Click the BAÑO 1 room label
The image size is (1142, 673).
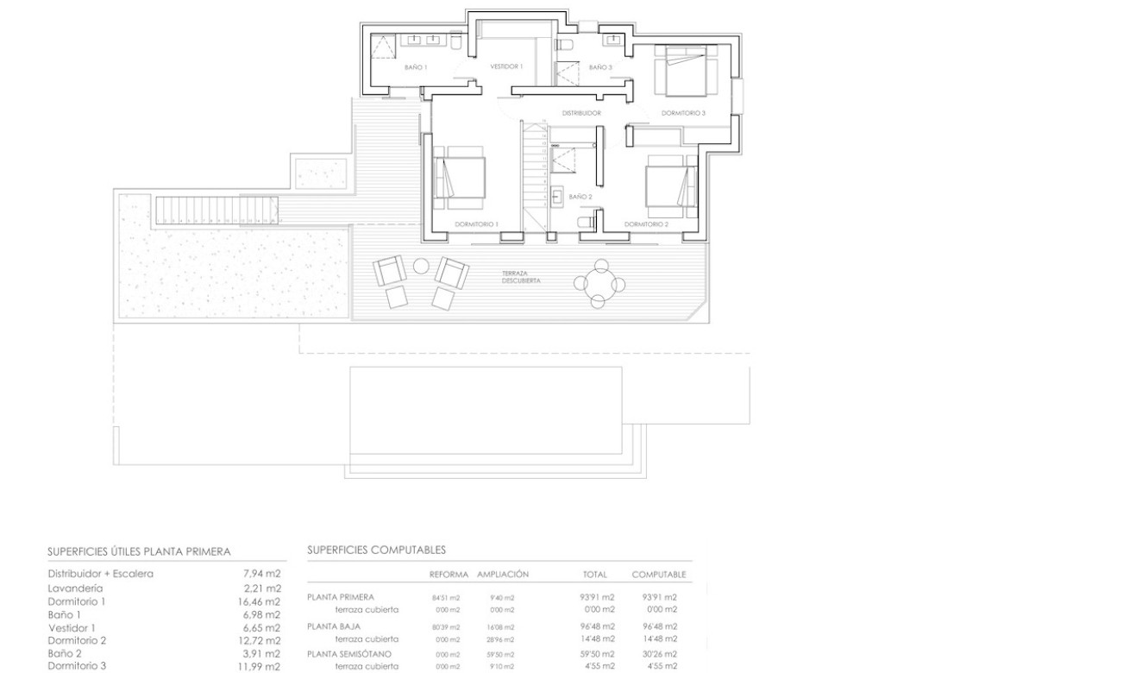click(x=415, y=66)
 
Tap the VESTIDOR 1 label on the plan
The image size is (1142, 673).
click(x=506, y=66)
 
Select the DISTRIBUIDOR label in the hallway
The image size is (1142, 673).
click(x=581, y=113)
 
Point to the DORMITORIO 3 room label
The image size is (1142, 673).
click(x=683, y=113)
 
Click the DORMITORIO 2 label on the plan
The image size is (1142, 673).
click(x=647, y=224)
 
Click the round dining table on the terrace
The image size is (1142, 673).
click(x=598, y=281)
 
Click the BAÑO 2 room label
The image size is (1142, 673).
click(x=580, y=197)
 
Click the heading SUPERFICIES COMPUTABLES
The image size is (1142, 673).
click(x=376, y=550)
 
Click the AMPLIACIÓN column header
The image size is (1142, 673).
click(x=502, y=574)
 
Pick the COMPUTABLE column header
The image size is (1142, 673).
click(x=658, y=574)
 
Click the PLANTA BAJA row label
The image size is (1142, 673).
click(x=334, y=626)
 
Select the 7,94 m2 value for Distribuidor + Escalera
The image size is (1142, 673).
click(x=262, y=573)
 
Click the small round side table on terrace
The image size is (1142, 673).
click(x=422, y=266)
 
